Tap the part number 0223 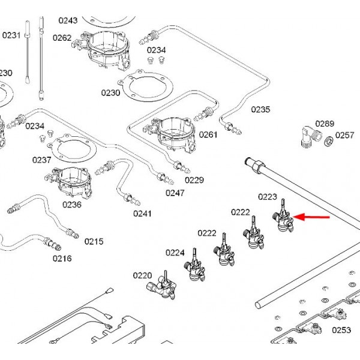[x=268, y=196]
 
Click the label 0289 [x=325, y=124]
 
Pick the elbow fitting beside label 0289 [x=308, y=137]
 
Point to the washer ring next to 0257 [x=329, y=142]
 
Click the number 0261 [x=208, y=134]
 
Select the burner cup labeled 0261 [x=175, y=135]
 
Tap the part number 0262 [x=62, y=38]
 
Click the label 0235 [x=260, y=110]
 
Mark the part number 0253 [x=341, y=329]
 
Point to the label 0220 [x=142, y=276]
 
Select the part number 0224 [x=175, y=253]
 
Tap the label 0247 [x=175, y=193]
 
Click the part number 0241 [x=142, y=214]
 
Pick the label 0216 [x=62, y=259]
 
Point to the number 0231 [x=11, y=35]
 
